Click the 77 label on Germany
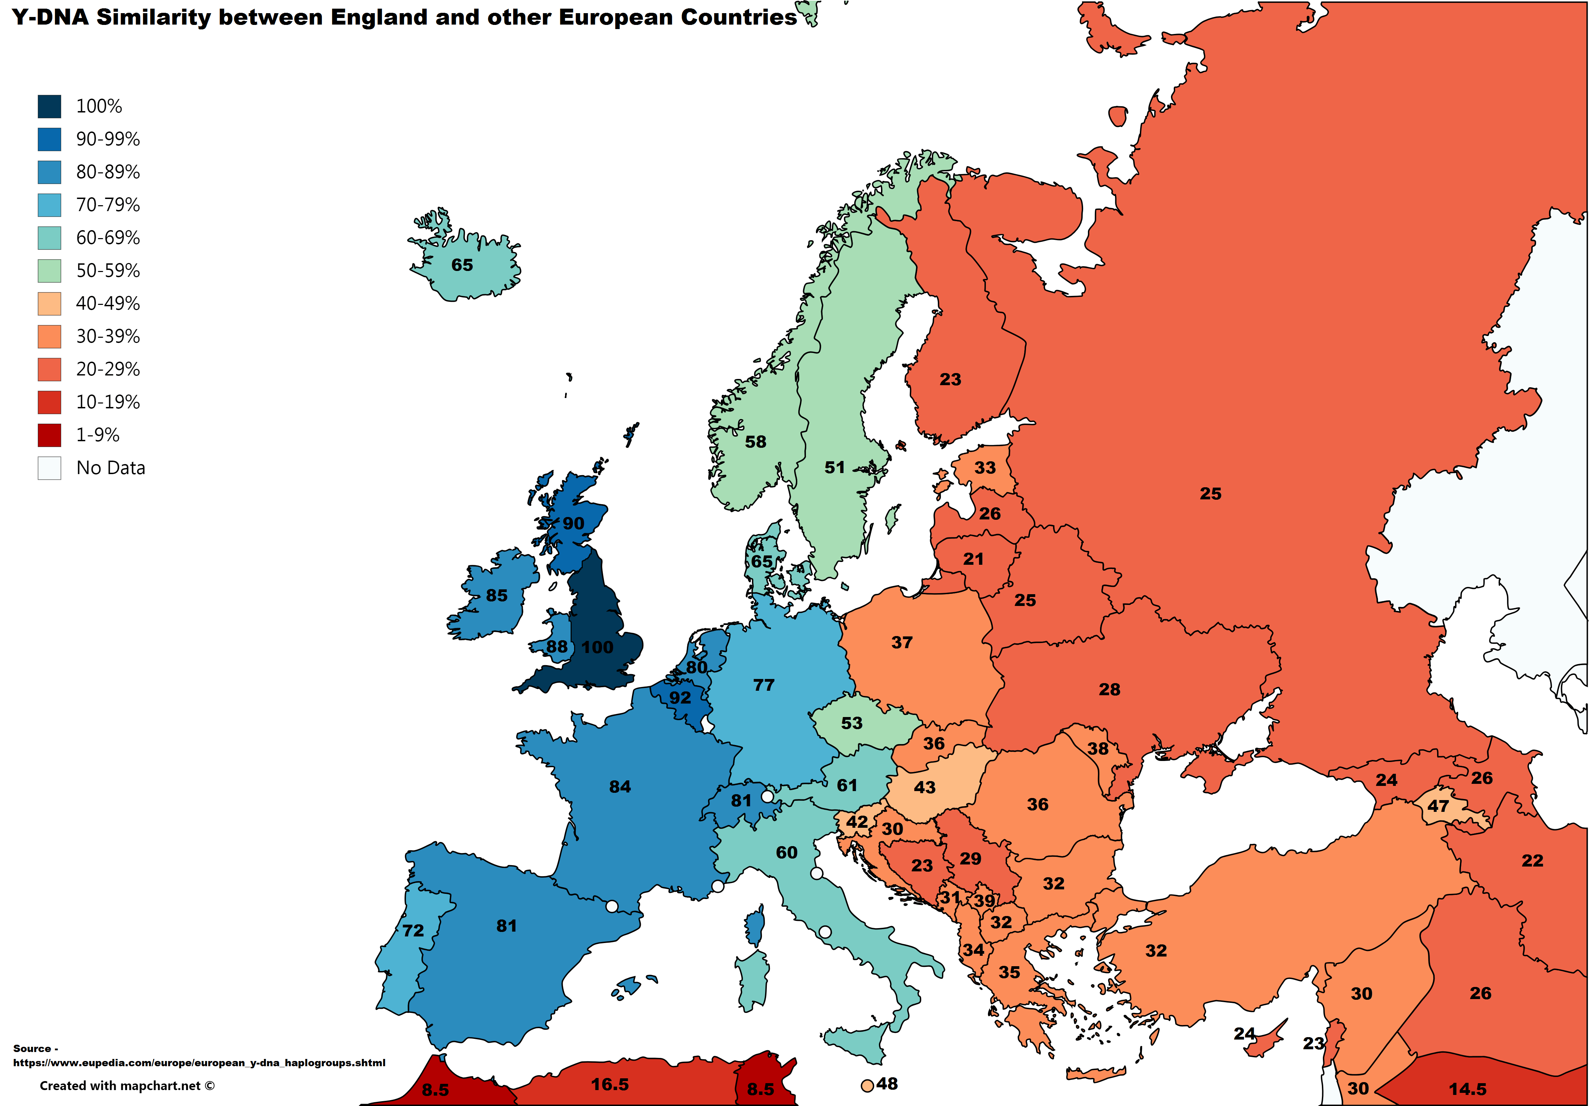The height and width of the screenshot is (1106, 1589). [763, 685]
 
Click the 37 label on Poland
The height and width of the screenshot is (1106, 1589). [901, 643]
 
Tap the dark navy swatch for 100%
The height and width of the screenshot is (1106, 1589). [49, 107]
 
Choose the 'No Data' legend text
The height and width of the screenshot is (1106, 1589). [111, 469]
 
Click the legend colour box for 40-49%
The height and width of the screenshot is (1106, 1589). [49, 304]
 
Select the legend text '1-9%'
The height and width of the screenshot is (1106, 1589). [98, 435]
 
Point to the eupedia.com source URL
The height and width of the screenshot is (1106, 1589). [199, 1063]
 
